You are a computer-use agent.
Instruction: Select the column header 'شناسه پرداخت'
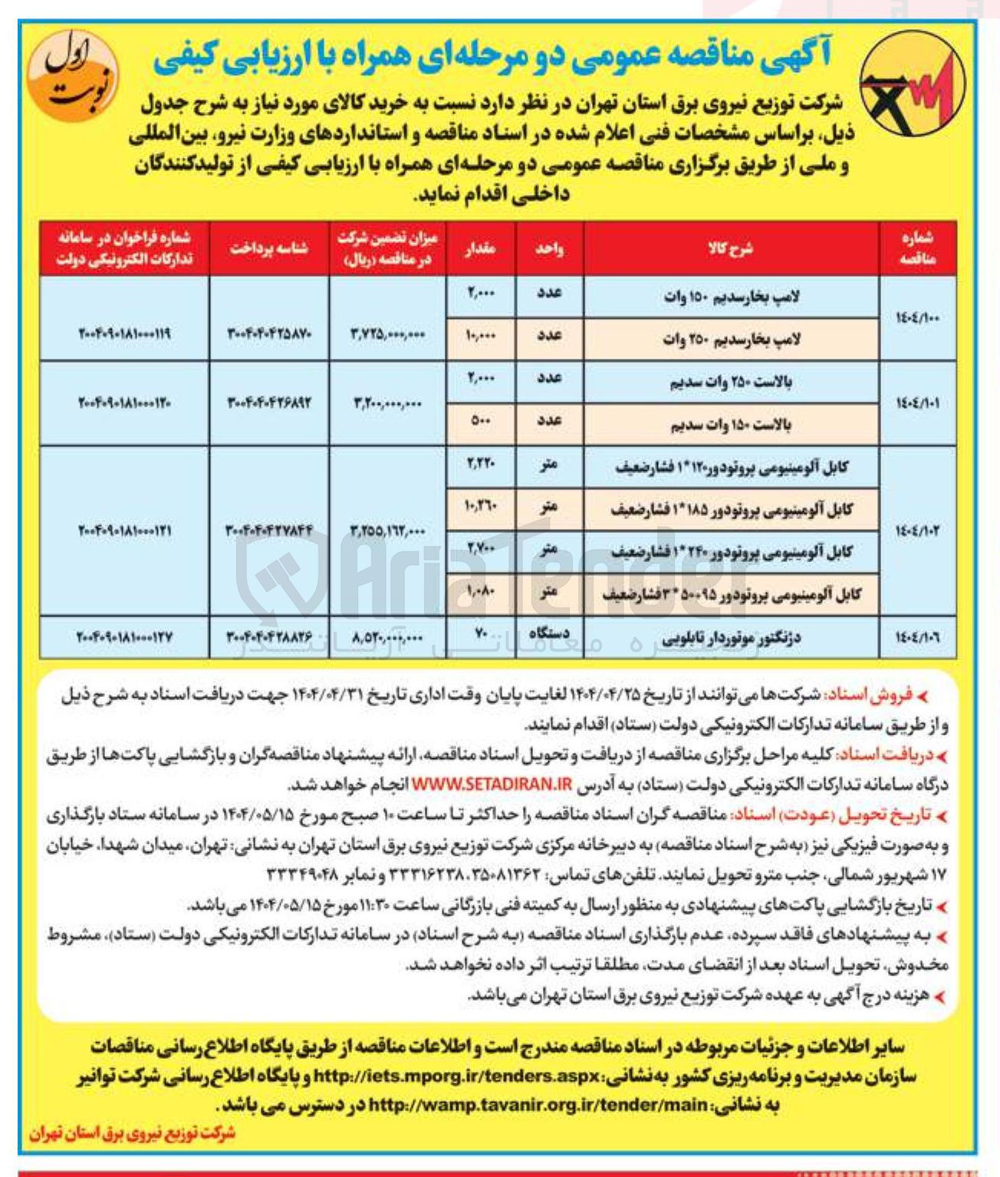coord(268,248)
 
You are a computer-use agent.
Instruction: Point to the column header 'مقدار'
coord(480,248)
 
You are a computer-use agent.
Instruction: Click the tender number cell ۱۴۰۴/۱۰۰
coord(916,317)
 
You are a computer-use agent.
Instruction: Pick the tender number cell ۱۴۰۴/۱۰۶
coord(916,636)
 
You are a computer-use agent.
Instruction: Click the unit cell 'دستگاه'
coord(549,633)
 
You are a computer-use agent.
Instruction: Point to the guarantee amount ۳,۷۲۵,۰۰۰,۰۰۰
coord(387,334)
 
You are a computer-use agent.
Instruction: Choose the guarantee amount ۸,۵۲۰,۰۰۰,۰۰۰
coord(387,637)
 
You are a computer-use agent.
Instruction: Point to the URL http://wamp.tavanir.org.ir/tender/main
coord(538,1105)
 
